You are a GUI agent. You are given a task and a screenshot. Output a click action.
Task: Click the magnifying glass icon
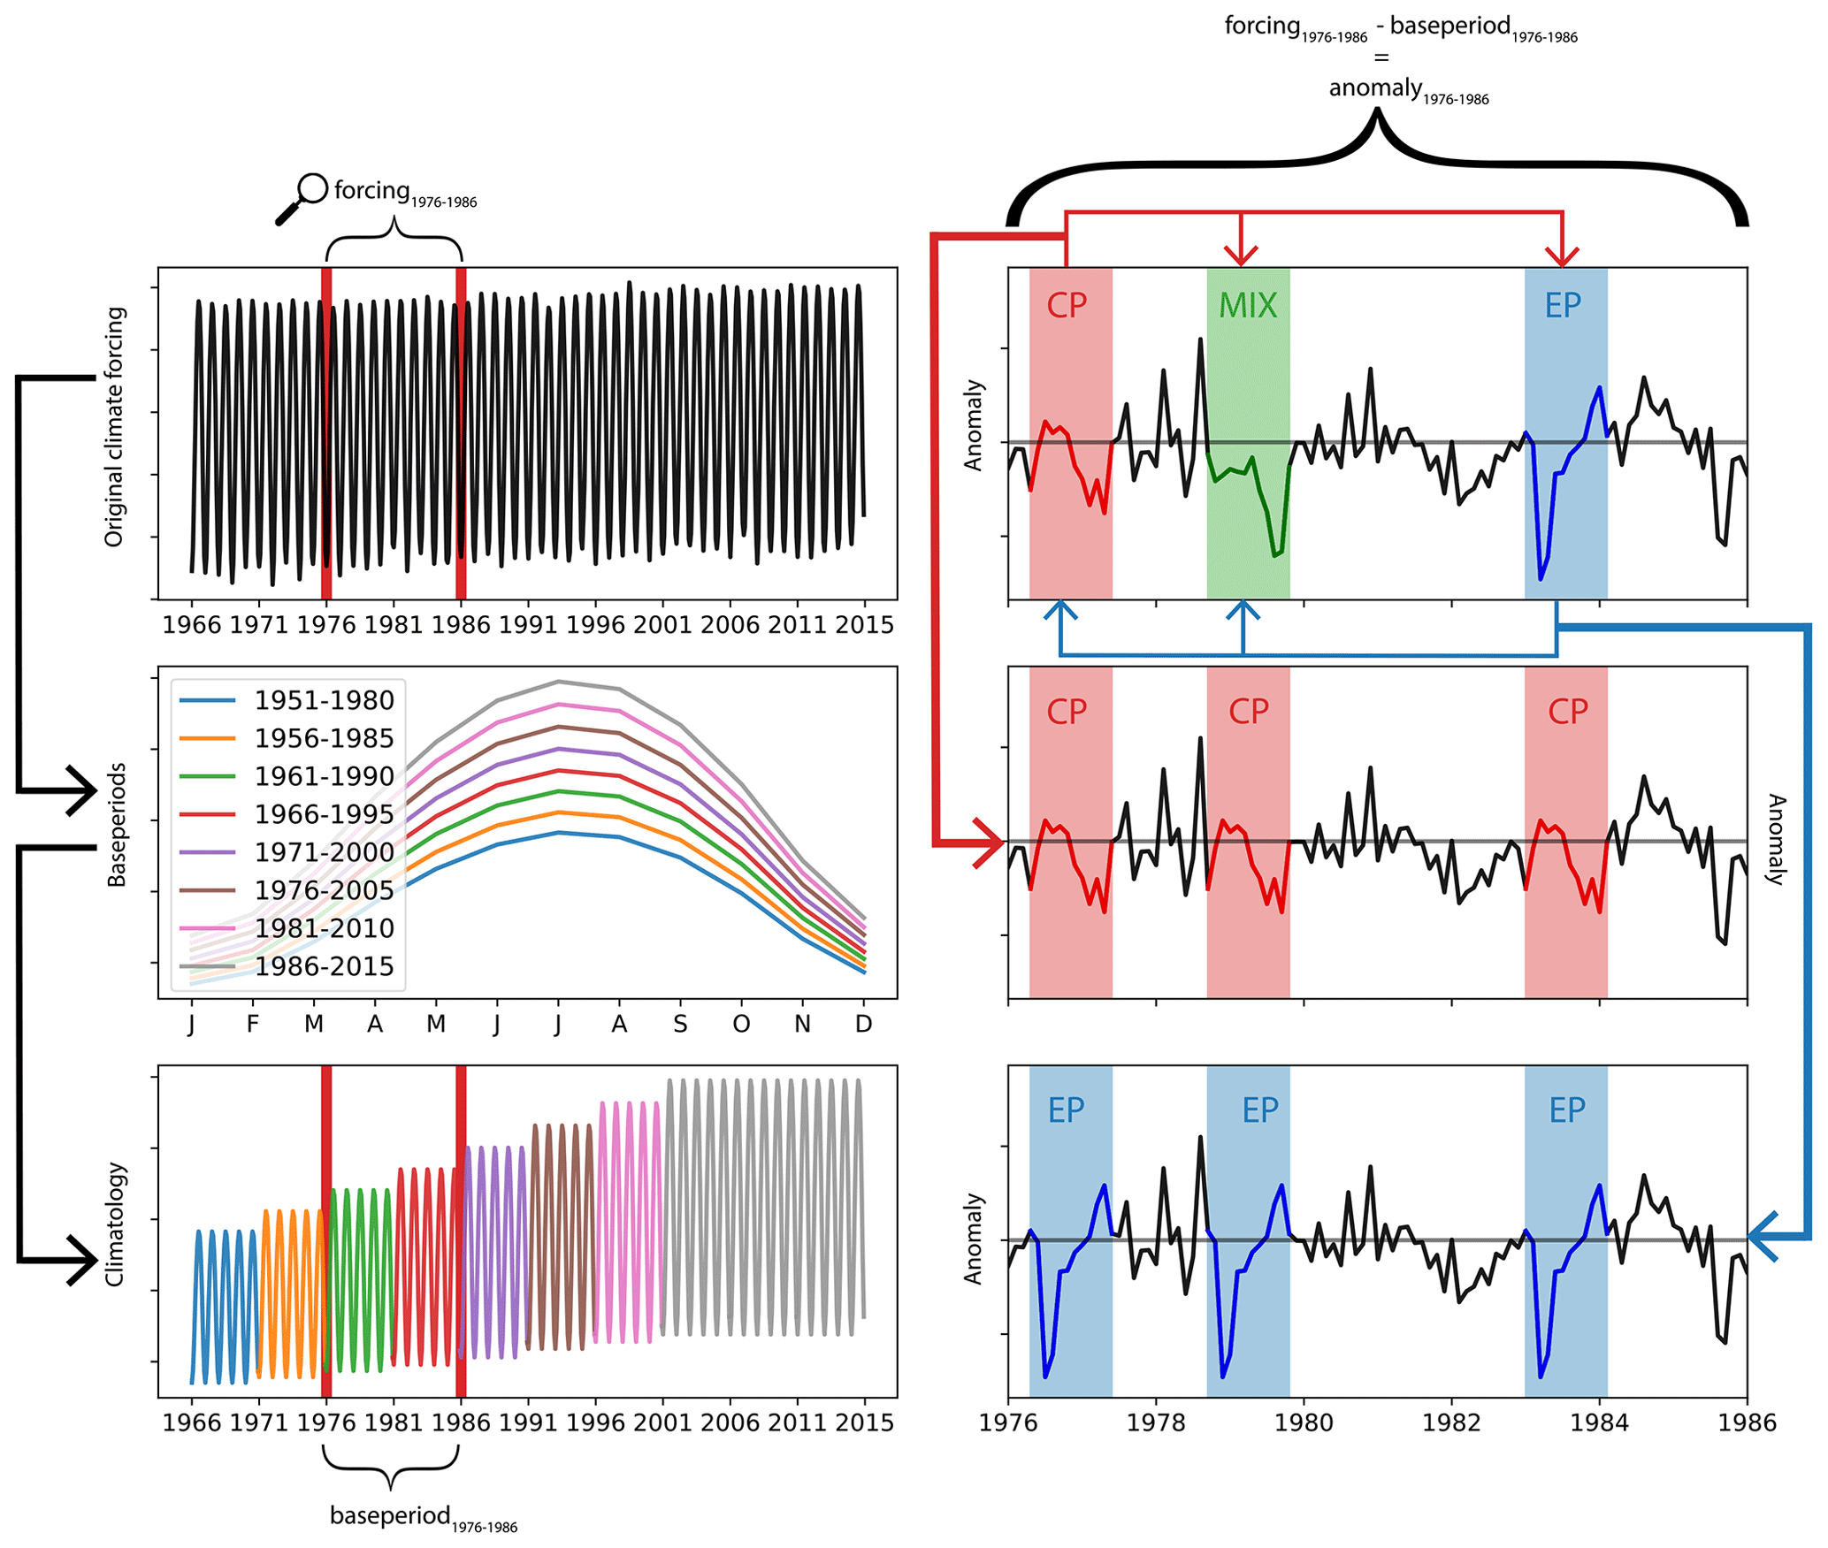click(301, 199)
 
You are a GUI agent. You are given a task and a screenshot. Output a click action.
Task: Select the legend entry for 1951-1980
click(324, 700)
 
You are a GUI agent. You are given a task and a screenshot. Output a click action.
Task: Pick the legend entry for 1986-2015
click(324, 966)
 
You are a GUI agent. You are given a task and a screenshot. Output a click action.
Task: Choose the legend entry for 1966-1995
click(324, 814)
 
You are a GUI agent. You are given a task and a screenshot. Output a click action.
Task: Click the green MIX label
click(1247, 306)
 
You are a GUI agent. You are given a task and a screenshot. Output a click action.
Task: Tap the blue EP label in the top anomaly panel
click(1562, 306)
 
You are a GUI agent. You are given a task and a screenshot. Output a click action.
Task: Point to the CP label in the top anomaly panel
click(1067, 306)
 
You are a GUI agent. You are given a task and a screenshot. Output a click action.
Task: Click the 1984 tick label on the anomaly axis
click(1599, 1422)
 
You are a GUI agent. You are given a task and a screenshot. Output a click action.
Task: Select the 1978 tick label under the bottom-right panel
click(1156, 1422)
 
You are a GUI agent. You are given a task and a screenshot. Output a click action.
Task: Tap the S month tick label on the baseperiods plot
click(680, 1025)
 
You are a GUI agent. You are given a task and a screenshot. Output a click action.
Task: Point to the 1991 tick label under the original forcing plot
click(528, 625)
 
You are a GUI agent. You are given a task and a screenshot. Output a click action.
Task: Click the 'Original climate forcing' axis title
click(115, 428)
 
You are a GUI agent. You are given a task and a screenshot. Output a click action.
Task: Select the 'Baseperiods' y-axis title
click(117, 825)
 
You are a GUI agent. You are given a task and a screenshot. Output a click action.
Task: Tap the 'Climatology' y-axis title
click(115, 1224)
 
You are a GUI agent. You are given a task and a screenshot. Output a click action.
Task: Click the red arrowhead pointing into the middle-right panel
click(990, 843)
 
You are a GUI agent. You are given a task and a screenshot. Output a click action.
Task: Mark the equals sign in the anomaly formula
click(1381, 58)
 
